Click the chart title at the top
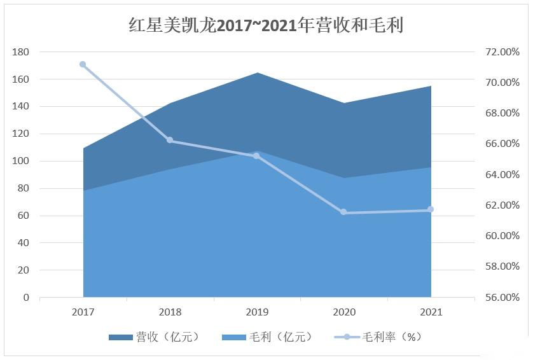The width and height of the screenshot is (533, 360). (x=266, y=25)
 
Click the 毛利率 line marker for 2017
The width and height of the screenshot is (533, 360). (x=83, y=64)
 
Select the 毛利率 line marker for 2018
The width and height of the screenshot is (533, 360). (x=170, y=140)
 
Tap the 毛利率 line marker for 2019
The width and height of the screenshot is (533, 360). (x=257, y=155)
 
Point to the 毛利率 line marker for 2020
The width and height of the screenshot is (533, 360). (x=343, y=212)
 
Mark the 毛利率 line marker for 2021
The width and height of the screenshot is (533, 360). (x=431, y=209)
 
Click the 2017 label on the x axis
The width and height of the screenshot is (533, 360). (x=83, y=312)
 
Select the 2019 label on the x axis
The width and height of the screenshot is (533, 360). (x=257, y=312)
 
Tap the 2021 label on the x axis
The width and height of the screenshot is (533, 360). (x=431, y=312)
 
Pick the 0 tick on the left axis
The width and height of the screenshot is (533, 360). (x=26, y=298)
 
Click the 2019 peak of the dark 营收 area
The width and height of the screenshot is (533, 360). (x=257, y=74)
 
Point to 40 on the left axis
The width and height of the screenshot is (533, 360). (x=23, y=243)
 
